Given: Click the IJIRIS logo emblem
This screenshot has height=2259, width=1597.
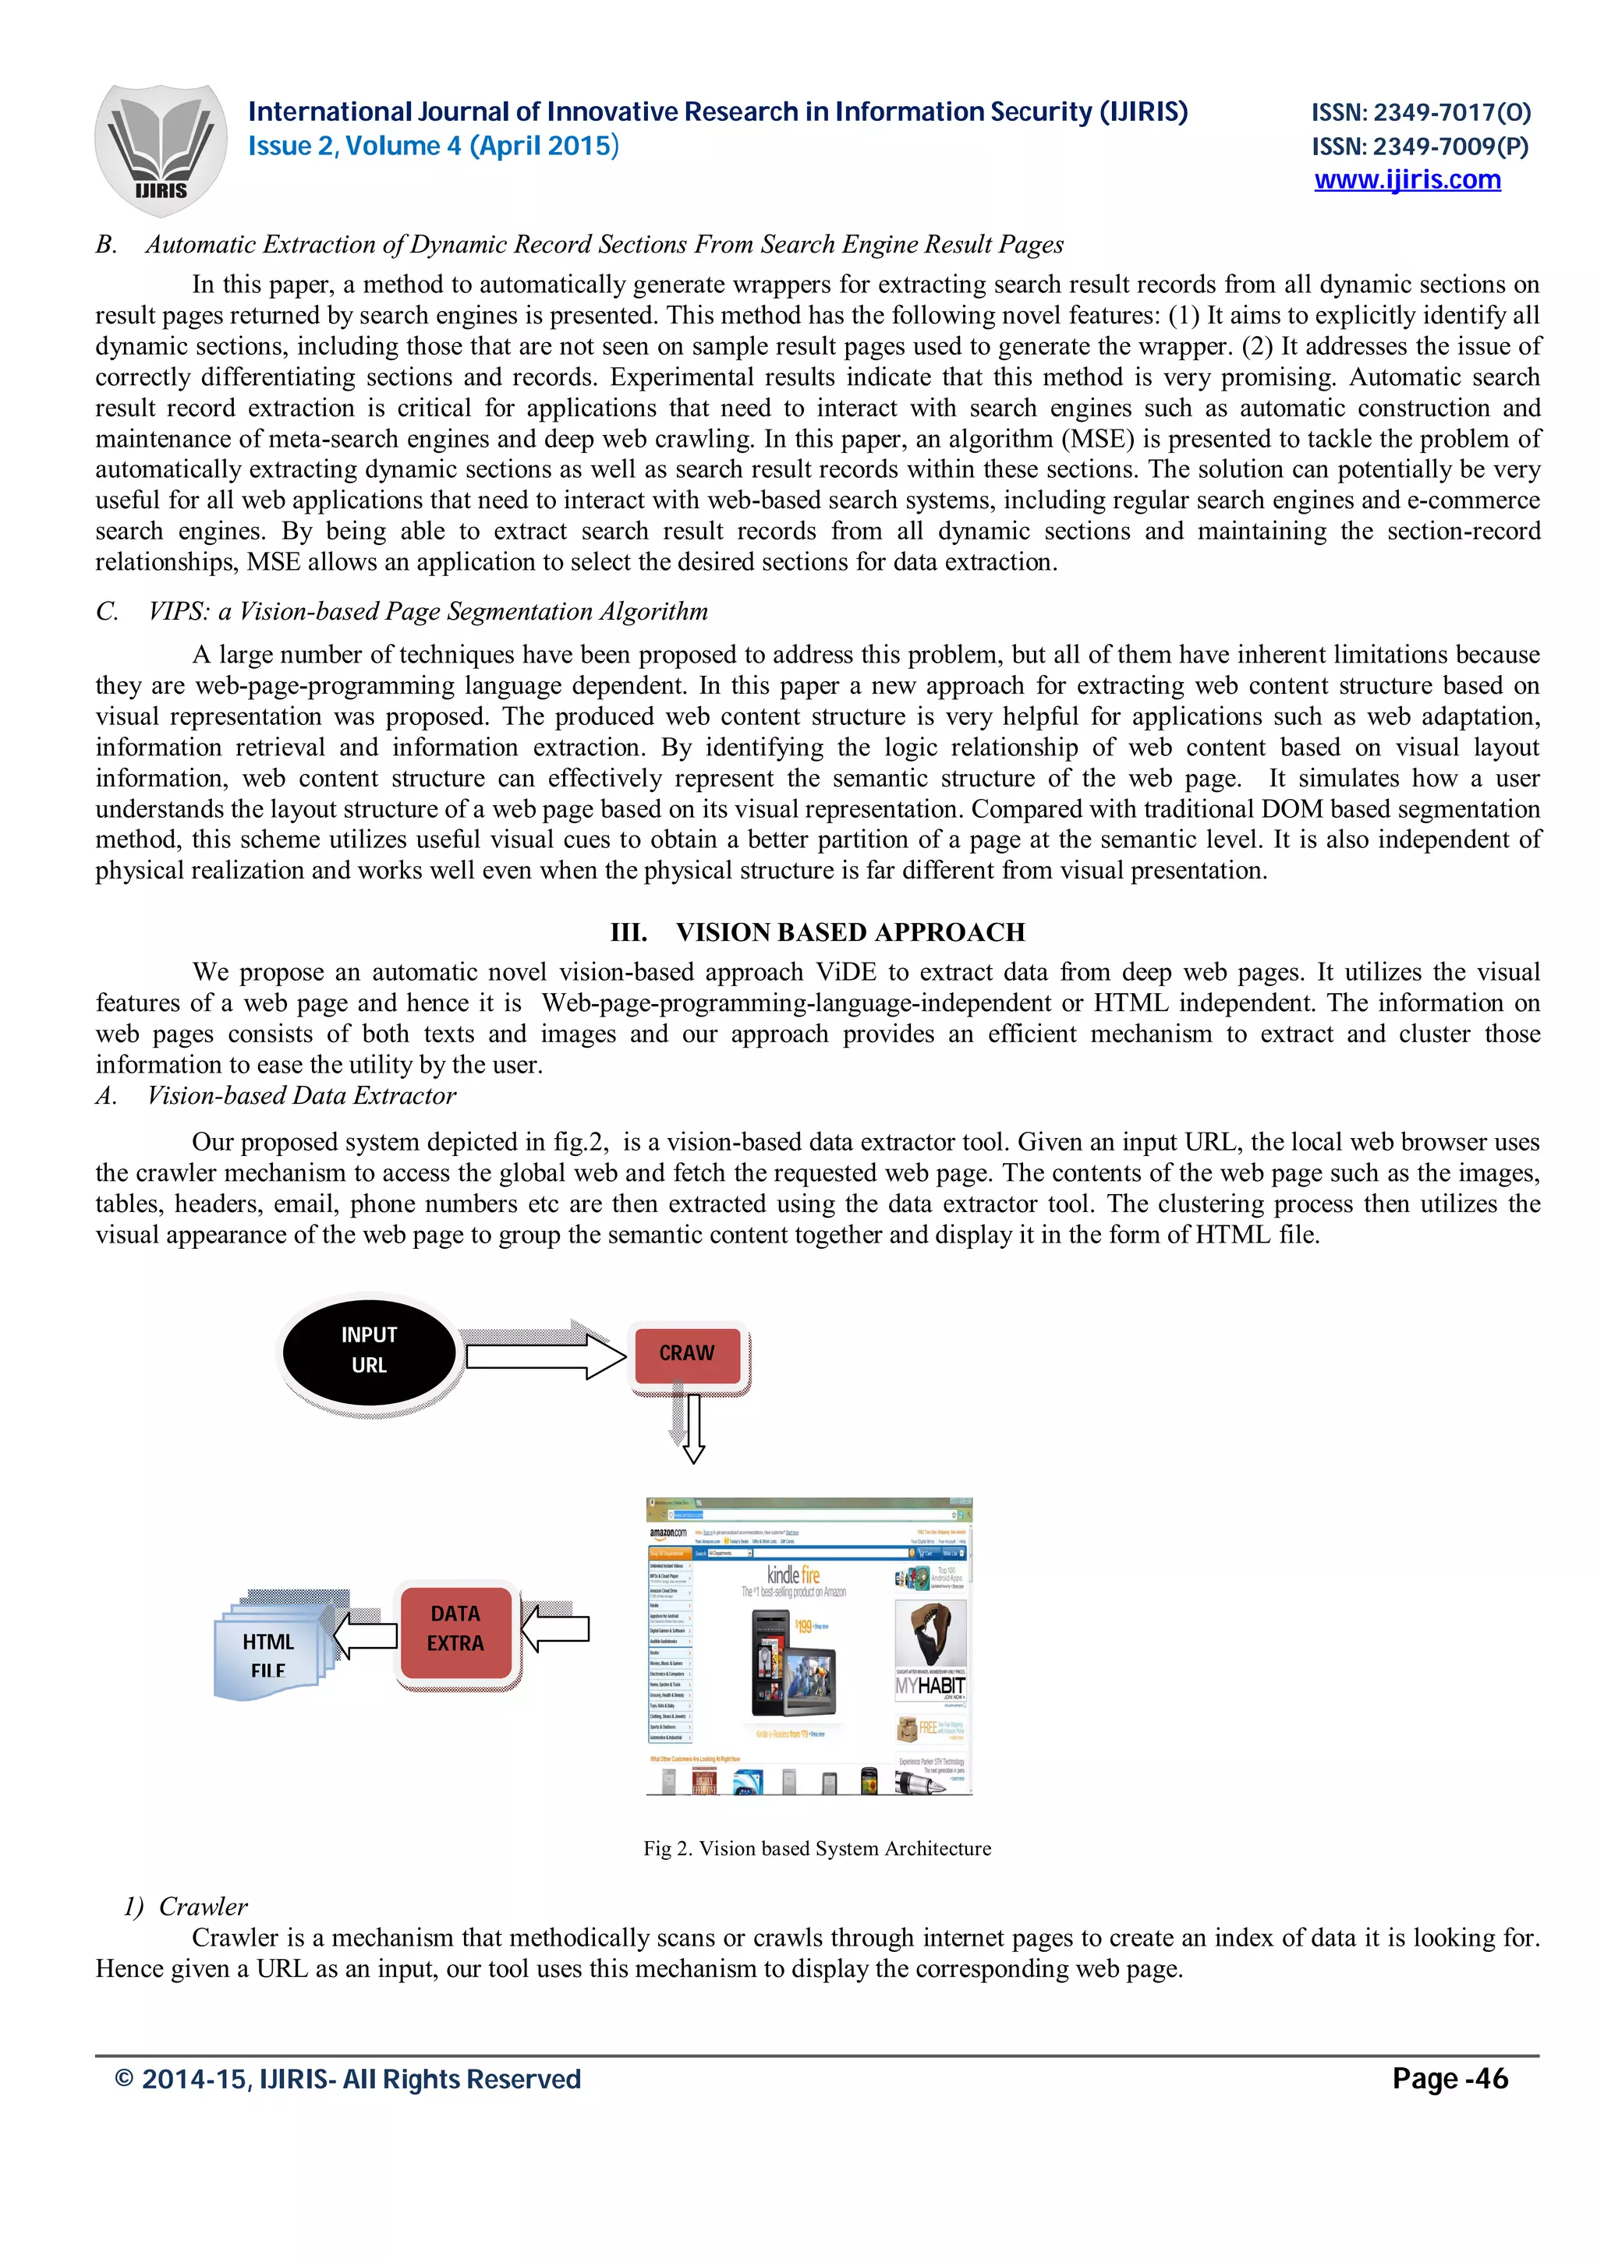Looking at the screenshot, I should (x=161, y=150).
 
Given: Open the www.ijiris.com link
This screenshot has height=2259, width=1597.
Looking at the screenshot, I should (x=1406, y=180).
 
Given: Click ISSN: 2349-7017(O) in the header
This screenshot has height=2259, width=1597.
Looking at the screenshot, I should (x=1420, y=112).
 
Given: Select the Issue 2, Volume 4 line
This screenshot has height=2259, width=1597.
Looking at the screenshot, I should (x=433, y=147).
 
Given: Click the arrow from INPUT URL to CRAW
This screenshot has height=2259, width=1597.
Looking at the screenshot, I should (x=544, y=1357).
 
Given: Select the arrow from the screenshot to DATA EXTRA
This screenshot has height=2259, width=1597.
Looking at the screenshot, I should (x=556, y=1628).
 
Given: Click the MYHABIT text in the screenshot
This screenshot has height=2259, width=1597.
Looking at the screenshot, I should (x=929, y=1686).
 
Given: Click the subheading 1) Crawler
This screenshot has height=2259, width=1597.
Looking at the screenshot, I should (x=186, y=1906).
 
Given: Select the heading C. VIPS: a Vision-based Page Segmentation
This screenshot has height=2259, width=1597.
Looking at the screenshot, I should (x=402, y=611).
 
